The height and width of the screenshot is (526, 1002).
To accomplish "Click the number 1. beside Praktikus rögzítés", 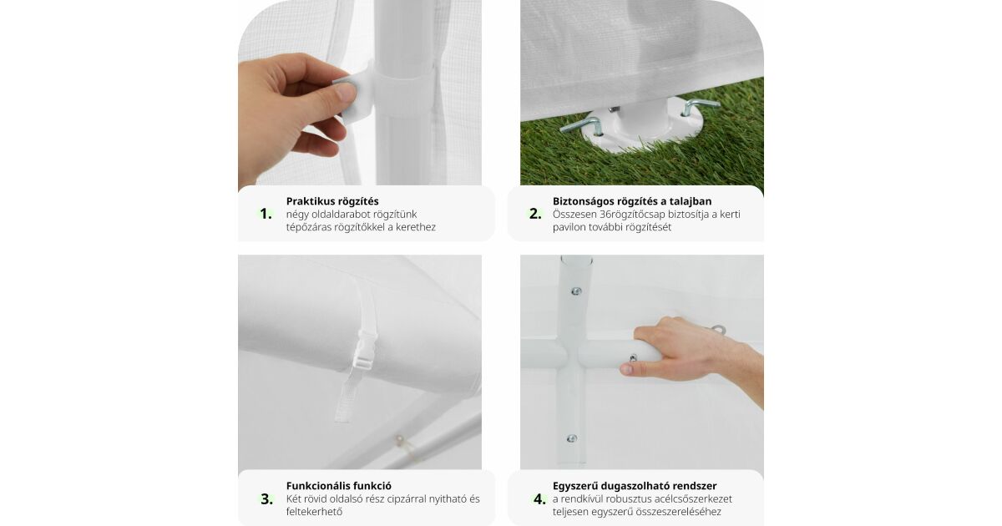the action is click(x=266, y=214).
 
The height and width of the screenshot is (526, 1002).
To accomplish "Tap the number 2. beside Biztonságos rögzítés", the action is click(x=535, y=214).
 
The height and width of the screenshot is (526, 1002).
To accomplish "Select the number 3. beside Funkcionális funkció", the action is click(x=266, y=498).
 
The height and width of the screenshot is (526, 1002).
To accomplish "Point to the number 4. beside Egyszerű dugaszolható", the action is click(x=539, y=498).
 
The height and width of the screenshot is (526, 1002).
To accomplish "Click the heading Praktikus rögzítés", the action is click(x=332, y=201).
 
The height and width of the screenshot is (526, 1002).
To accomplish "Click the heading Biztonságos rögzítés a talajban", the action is click(x=632, y=201).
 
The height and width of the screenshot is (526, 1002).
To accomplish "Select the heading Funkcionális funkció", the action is click(x=339, y=486).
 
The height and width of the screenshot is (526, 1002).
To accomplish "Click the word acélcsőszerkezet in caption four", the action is click(x=693, y=498).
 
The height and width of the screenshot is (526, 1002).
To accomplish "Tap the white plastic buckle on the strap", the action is click(x=365, y=350).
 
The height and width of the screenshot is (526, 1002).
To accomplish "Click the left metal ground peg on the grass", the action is click(x=581, y=126).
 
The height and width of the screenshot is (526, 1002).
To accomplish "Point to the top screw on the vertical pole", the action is click(x=576, y=291).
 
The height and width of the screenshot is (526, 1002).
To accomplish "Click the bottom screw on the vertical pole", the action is click(x=571, y=438).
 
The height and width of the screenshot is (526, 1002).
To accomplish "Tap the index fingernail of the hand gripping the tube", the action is click(x=626, y=369).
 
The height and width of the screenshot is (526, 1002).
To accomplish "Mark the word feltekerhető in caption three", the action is click(x=315, y=512).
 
